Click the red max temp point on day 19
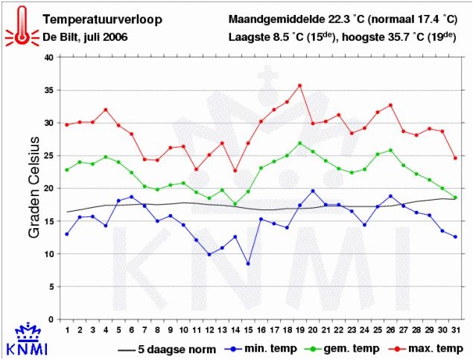[x=300, y=86]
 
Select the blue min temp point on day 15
[x=248, y=264]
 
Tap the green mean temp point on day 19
[x=300, y=143]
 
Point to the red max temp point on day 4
[x=106, y=110]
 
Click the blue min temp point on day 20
[x=313, y=191]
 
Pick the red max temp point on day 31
[x=455, y=158]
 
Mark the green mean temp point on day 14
[x=235, y=204]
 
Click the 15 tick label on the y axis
[x=48, y=221]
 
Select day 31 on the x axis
[x=455, y=330]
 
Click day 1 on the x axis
[x=67, y=330]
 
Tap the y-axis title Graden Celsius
[x=34, y=188]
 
